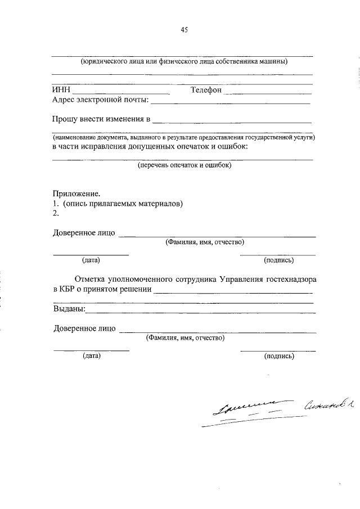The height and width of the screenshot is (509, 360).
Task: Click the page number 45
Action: coord(183,31)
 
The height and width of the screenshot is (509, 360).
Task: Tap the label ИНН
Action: coord(60,90)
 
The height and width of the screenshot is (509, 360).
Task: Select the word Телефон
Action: coord(206,90)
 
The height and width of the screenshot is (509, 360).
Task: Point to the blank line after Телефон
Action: coord(268,92)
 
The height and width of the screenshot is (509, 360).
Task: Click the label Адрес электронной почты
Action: coord(100,100)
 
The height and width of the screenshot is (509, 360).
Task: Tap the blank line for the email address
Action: coord(231,103)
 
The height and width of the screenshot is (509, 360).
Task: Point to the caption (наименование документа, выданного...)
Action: coord(183,137)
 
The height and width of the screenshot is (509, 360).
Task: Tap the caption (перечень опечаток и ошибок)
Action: coord(184,165)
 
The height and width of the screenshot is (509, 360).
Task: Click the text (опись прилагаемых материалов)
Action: coord(123,203)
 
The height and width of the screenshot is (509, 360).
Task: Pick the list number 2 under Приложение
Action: coord(55,213)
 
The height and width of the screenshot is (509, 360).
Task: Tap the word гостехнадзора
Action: coord(287,279)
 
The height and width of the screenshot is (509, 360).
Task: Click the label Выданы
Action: coord(69,309)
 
